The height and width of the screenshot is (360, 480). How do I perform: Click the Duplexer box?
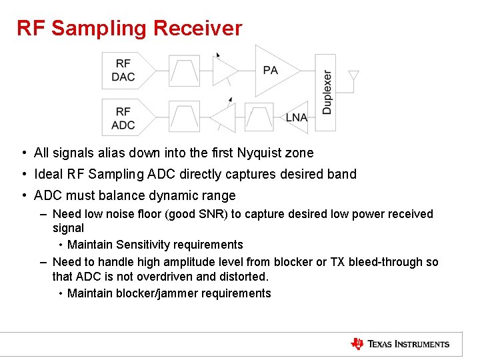pyautogui.click(x=327, y=93)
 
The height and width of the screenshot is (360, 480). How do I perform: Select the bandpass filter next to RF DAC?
pyautogui.click(x=184, y=70)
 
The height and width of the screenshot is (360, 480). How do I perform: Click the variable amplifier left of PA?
pyautogui.click(x=226, y=71)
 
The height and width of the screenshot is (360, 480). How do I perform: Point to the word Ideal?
pyautogui.click(x=49, y=174)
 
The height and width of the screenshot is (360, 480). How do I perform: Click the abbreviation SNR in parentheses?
pyautogui.click(x=214, y=214)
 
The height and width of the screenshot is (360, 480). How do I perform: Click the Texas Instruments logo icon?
pyautogui.click(x=357, y=344)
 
